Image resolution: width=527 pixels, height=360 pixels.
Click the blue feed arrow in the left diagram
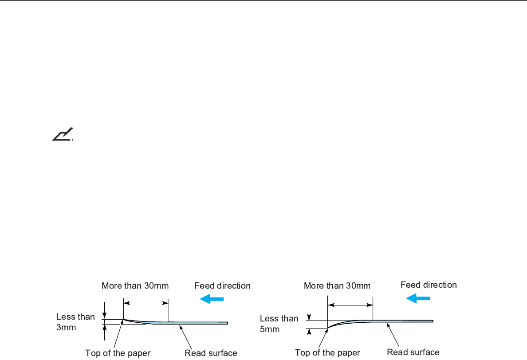212,299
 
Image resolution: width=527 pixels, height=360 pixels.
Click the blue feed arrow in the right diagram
418,298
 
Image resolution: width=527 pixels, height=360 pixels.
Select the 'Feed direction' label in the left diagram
222,286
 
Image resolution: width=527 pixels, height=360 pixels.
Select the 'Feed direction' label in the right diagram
429,285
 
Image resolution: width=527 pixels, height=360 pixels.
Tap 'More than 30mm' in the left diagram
135,286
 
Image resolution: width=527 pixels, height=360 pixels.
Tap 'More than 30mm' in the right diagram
337,286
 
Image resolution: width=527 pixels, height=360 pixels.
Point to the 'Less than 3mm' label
75,322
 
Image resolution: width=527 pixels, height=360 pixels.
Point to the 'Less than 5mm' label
279,324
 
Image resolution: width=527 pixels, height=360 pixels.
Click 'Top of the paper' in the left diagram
118,353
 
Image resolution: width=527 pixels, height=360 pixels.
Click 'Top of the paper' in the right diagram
327,353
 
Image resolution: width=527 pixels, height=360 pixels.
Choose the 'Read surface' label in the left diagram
211,353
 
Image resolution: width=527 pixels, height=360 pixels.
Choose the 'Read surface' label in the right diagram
413,352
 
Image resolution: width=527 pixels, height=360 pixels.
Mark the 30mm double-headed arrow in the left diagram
146,303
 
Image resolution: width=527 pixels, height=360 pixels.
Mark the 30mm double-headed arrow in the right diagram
350,305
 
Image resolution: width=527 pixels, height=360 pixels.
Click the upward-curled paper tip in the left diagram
124,320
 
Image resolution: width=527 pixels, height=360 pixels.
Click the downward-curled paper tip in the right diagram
328,328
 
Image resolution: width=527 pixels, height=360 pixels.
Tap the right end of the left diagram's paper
227,323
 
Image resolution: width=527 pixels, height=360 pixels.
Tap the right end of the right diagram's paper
432,321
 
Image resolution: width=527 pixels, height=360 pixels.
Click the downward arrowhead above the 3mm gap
104,315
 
